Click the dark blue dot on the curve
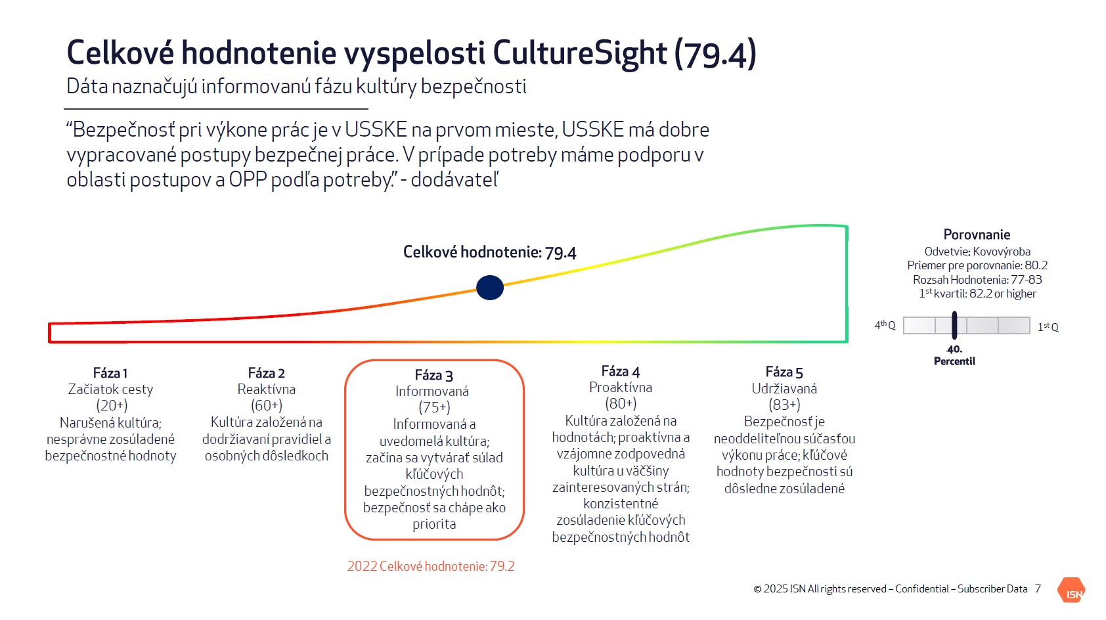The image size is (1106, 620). point(490,288)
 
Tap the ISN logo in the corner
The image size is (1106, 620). point(1071,591)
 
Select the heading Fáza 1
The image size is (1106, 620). point(110,372)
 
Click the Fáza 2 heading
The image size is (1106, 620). point(266,372)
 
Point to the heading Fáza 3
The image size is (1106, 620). point(434,375)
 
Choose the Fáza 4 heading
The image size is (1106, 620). point(621,370)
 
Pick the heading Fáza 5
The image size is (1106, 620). point(784,372)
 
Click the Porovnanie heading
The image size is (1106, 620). point(977,234)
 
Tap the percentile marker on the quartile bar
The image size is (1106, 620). point(954,325)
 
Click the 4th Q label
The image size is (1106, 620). point(885,325)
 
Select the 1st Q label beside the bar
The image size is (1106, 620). point(1048,327)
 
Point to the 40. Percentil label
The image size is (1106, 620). point(954,355)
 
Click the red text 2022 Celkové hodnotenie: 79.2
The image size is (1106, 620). point(431,565)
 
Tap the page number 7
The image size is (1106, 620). point(1038,588)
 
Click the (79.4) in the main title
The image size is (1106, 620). point(715,53)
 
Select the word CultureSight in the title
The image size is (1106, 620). point(580,53)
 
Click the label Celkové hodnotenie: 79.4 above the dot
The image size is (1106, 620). point(489,252)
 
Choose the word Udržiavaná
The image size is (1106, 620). point(784,389)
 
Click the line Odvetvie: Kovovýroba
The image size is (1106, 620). point(977,252)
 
